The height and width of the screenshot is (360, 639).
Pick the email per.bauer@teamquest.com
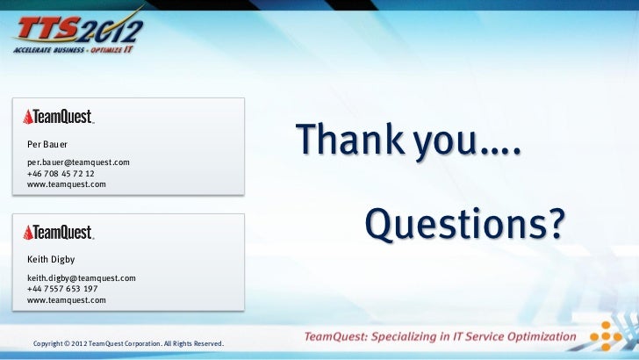point(78,162)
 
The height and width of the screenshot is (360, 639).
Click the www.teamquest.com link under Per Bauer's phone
point(67,184)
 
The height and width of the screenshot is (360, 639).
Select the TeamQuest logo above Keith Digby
point(59,233)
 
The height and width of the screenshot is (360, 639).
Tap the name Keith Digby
point(51,260)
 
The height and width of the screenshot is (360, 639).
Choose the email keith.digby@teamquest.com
point(82,278)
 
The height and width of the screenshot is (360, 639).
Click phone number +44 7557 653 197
point(62,289)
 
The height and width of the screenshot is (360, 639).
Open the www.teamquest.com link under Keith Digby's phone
point(67,300)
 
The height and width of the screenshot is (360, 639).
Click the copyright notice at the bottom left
point(128,342)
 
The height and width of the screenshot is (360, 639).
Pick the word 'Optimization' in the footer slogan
point(537,336)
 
